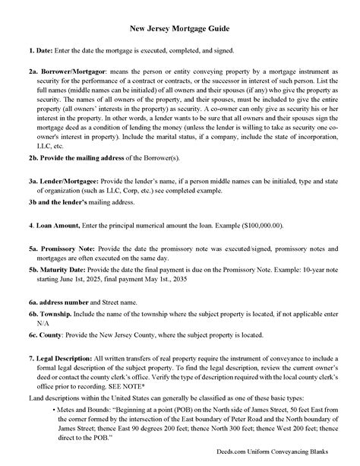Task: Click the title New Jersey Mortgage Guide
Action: click(180, 28)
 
